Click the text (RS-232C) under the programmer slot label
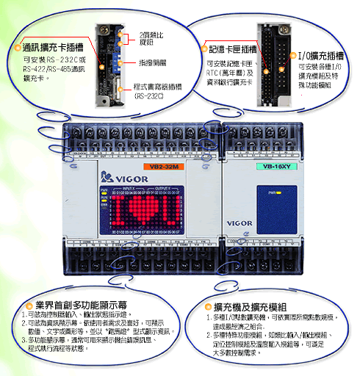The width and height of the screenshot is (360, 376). pos(151,95)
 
